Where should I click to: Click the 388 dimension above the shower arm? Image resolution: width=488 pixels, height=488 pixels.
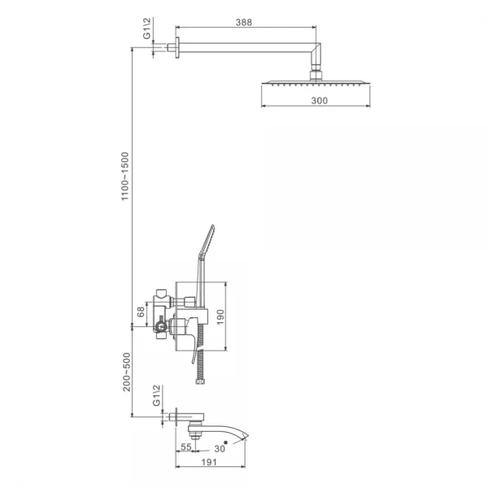tap(244, 23)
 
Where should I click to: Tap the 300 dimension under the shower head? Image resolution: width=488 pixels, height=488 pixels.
tap(320, 101)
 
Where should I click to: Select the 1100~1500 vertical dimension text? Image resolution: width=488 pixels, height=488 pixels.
tap(124, 176)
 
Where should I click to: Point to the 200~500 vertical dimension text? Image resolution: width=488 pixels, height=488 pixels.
tap(127, 372)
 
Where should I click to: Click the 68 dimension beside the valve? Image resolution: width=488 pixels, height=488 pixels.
tap(141, 312)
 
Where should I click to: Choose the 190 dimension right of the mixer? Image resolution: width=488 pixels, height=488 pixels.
tap(220, 317)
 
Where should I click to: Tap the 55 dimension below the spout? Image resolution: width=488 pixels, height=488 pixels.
tap(185, 447)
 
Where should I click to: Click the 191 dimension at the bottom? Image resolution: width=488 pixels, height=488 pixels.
tap(209, 462)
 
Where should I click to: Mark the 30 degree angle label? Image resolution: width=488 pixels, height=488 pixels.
tap(220, 448)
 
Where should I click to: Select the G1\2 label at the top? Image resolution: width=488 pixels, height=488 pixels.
tap(147, 28)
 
